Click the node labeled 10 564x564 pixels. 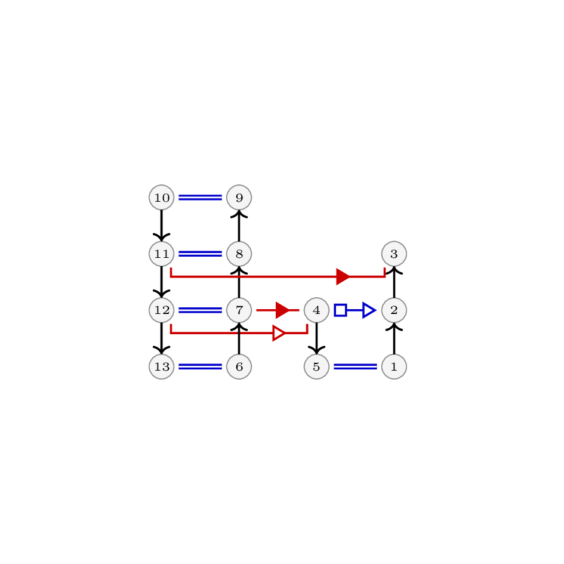[162, 198]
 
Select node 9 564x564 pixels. [239, 198]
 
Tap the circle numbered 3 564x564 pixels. [395, 254]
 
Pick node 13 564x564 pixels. [162, 366]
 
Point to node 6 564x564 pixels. [239, 366]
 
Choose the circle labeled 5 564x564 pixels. [316, 366]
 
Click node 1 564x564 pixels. [395, 366]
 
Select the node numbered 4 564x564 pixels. [316, 310]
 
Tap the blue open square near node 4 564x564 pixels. [341, 310]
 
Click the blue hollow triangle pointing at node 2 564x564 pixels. [369, 310]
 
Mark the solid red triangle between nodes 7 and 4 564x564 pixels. [282, 310]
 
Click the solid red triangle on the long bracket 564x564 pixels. [343, 276]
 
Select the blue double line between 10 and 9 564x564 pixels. [201, 198]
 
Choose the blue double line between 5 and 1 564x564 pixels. [355, 366]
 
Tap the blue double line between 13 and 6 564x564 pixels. [201, 366]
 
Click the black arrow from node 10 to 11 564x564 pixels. [162, 226]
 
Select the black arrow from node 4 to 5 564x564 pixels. [316, 338]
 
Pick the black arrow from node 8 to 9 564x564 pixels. [239, 226]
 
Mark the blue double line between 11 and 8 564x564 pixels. [201, 254]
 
